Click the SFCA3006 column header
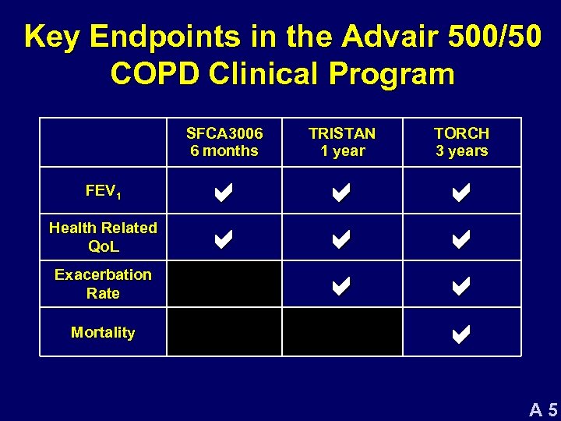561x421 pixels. click(x=224, y=142)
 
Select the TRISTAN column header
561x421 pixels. click(x=342, y=142)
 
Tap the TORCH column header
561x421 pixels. click(x=461, y=142)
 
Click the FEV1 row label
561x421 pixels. click(x=103, y=191)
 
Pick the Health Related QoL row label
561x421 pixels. click(x=103, y=237)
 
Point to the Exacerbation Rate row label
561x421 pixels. click(x=103, y=284)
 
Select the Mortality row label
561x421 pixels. click(x=103, y=332)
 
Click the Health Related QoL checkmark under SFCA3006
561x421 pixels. click(x=223, y=239)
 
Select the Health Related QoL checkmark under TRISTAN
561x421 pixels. click(x=341, y=239)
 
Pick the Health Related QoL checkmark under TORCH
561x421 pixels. click(x=460, y=239)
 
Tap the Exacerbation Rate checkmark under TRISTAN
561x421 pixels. click(x=341, y=286)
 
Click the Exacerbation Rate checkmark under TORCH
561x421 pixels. click(x=460, y=286)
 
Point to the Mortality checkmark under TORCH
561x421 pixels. click(x=460, y=334)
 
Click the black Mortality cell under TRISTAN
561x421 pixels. click(x=342, y=332)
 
